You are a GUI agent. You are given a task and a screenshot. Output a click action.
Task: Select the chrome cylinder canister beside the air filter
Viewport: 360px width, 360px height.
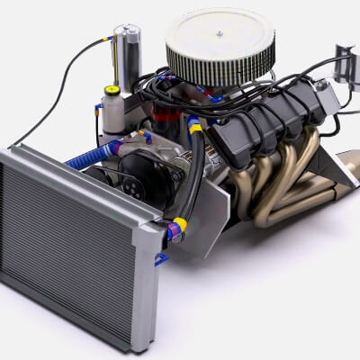point(127,56)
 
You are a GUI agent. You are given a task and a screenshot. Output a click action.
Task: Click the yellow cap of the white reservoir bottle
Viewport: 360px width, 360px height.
point(112,90)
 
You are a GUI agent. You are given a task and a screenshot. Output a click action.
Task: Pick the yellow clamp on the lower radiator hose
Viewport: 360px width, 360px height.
point(180,224)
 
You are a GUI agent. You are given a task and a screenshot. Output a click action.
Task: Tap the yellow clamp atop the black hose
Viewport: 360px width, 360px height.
point(195,126)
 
